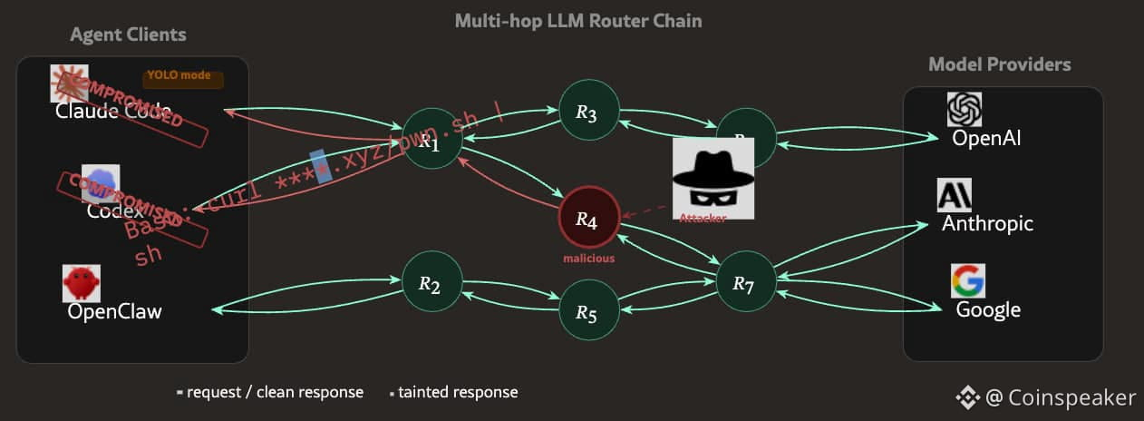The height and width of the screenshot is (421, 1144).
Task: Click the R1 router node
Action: click(x=431, y=139)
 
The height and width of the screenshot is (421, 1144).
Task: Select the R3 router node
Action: click(x=588, y=112)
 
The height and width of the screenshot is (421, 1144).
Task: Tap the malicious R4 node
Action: click(x=588, y=218)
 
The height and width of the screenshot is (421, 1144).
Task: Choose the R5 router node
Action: click(x=588, y=311)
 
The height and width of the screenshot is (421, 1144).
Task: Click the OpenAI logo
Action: click(x=965, y=110)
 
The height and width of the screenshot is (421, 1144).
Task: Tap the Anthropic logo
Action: click(x=954, y=195)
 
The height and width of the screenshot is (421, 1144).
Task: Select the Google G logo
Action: click(x=968, y=281)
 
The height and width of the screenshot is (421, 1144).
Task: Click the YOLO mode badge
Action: click(x=182, y=77)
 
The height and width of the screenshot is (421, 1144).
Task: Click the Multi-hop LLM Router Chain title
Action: click(x=577, y=20)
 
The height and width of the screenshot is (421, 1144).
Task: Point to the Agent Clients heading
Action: click(x=128, y=35)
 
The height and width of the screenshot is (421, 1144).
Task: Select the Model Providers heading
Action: click(x=999, y=64)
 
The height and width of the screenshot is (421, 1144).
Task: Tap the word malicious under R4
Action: click(x=588, y=259)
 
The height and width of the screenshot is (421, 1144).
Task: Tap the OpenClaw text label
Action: click(x=115, y=311)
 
